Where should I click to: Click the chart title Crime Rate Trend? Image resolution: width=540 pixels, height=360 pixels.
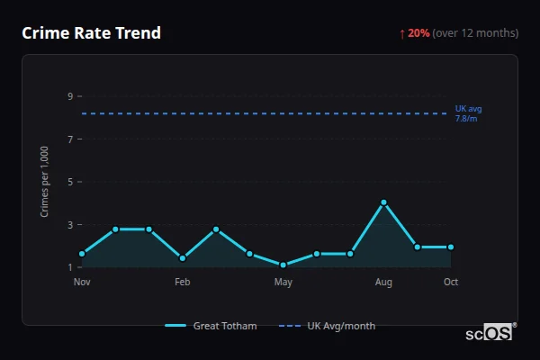pos(91,33)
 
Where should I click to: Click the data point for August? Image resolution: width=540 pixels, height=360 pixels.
pos(383,202)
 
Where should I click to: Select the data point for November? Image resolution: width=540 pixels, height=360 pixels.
pos(82,254)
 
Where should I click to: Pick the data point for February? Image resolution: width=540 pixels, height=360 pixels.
pos(183,258)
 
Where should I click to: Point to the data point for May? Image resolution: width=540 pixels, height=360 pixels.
pos(283,265)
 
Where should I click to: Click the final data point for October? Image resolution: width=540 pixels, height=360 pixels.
pos(451,247)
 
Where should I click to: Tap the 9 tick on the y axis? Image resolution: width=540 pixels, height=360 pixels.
pos(69,96)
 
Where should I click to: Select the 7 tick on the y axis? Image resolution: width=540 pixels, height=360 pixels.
pos(69,139)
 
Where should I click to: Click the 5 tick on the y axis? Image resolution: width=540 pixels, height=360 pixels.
pos(69,182)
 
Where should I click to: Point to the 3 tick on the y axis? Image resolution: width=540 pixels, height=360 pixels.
pos(69,225)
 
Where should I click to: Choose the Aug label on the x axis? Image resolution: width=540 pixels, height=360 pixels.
pos(383,282)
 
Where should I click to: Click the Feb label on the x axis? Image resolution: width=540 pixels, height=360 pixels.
pos(183,282)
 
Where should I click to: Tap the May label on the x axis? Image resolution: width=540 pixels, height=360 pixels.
pos(283,282)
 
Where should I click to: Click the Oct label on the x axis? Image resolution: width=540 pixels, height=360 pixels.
pos(451,282)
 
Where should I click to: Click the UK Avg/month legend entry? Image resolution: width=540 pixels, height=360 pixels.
pos(328,326)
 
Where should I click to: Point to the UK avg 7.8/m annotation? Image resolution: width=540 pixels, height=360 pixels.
pos(468,113)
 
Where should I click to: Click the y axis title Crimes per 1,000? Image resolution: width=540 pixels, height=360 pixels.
pos(45,182)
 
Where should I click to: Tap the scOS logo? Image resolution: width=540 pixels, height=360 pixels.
pos(490,332)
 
